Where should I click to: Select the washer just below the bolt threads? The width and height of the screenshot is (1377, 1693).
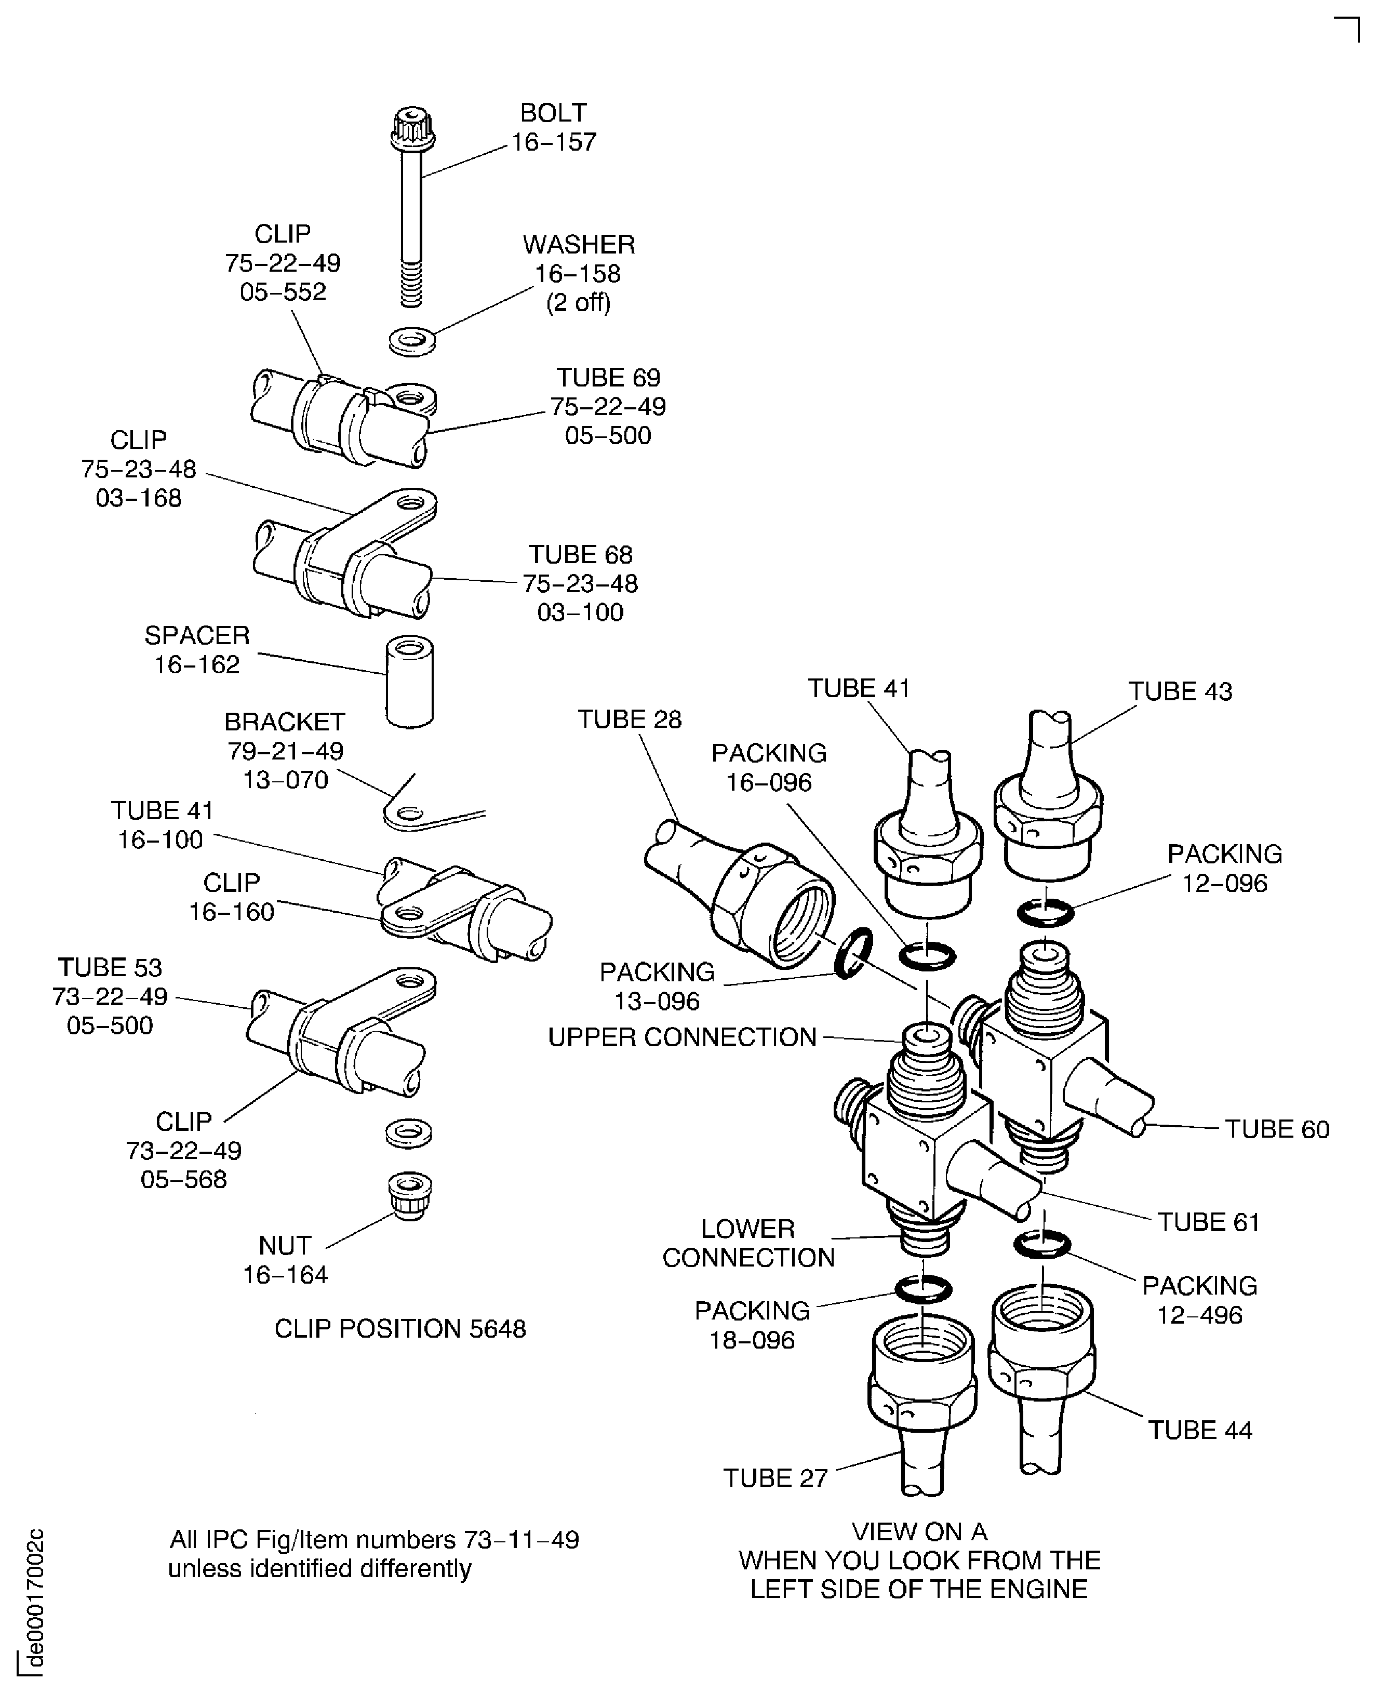(412, 342)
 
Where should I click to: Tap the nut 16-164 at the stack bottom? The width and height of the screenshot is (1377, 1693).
(409, 1196)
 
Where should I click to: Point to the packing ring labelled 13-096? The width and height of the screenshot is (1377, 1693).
(854, 953)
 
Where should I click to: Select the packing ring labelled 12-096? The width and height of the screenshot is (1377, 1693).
(1046, 913)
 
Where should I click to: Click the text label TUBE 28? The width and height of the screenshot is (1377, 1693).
(629, 719)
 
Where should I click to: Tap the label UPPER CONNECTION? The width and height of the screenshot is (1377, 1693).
(682, 1037)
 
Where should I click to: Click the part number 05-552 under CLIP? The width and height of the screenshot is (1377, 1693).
(283, 292)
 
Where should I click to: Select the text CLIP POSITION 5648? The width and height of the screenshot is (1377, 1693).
(400, 1328)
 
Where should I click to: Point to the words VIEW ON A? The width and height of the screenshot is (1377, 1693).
(919, 1531)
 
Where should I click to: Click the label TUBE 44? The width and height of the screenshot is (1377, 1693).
(1199, 1430)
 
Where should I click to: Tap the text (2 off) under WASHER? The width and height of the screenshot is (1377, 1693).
(578, 302)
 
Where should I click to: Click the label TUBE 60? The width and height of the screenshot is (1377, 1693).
(1276, 1128)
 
